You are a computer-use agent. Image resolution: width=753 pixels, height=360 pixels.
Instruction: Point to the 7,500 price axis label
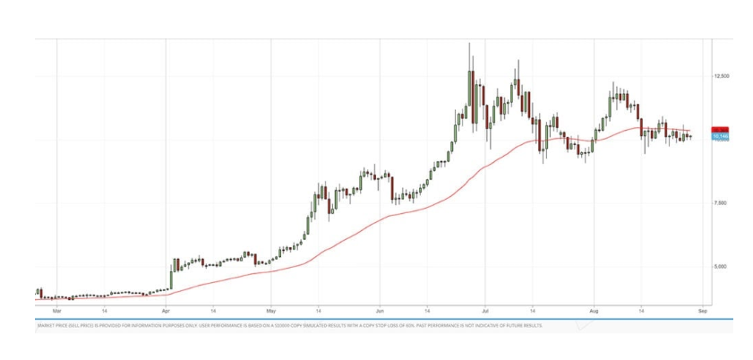[x=721, y=203]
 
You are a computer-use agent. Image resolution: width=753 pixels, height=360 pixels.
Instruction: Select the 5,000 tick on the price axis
[x=721, y=266]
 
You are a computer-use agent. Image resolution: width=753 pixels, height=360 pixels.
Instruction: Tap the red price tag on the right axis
[x=721, y=130]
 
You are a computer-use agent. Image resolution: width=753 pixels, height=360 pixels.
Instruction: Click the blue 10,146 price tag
[x=721, y=135]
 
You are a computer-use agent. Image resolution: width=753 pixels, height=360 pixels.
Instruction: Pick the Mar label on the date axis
[x=56, y=311]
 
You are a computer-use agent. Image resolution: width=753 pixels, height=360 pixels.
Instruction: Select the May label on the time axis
[x=272, y=311]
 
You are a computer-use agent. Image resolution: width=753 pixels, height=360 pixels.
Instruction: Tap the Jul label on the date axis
[x=484, y=311]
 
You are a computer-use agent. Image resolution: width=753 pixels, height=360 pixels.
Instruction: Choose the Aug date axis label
[x=594, y=311]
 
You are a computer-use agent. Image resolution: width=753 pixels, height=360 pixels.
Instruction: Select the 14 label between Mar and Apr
[x=105, y=311]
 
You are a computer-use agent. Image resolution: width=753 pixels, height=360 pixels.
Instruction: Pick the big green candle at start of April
[x=172, y=273]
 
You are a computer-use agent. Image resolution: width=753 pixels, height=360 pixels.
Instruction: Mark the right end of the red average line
[x=692, y=133]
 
